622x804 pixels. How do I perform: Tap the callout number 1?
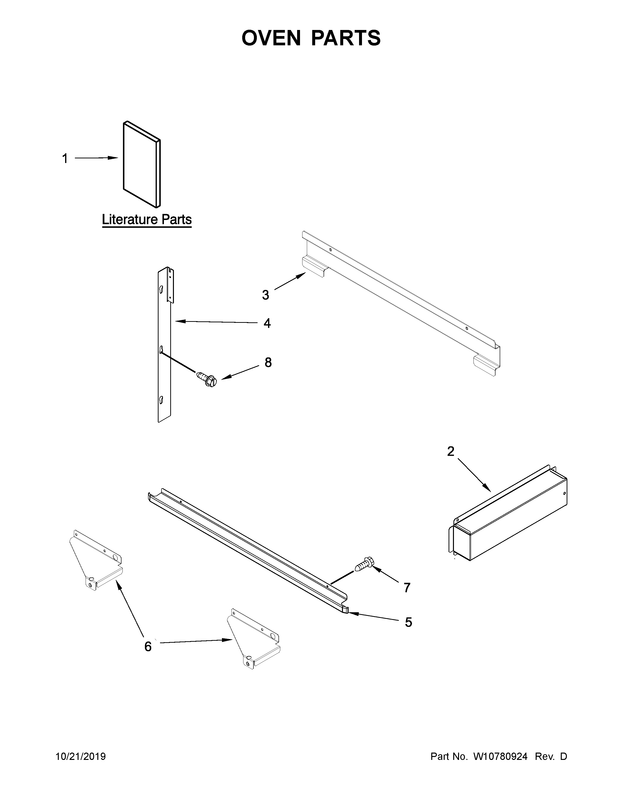[65, 159]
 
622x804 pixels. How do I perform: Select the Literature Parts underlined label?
[147, 220]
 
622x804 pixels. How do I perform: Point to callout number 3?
[266, 295]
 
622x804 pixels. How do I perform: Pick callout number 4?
[267, 323]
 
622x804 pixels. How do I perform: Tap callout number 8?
[268, 362]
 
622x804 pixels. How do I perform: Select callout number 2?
[451, 451]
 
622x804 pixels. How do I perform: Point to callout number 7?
[407, 588]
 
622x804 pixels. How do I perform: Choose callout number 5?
[408, 622]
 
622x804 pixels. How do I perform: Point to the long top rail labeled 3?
[402, 302]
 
